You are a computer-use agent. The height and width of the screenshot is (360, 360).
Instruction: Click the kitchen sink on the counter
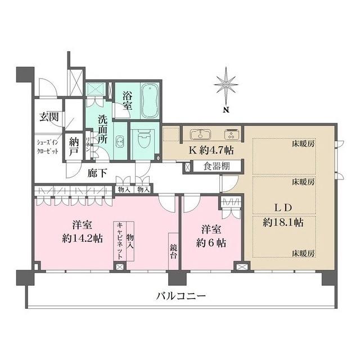[x=199, y=134]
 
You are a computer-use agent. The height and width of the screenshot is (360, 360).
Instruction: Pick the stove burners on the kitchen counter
[x=231, y=134]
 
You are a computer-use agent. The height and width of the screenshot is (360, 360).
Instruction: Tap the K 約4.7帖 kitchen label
[x=208, y=150]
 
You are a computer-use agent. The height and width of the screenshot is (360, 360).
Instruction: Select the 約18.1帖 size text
[x=283, y=222]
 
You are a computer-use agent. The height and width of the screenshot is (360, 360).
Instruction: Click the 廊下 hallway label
[x=97, y=173]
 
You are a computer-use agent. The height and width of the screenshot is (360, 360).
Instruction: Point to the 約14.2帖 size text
[x=82, y=237]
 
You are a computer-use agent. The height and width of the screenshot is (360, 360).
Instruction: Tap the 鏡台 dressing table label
[x=174, y=250]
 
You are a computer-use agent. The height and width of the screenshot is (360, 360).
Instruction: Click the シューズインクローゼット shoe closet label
[x=47, y=147]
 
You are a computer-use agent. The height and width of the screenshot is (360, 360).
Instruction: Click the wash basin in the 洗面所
[x=119, y=141]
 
